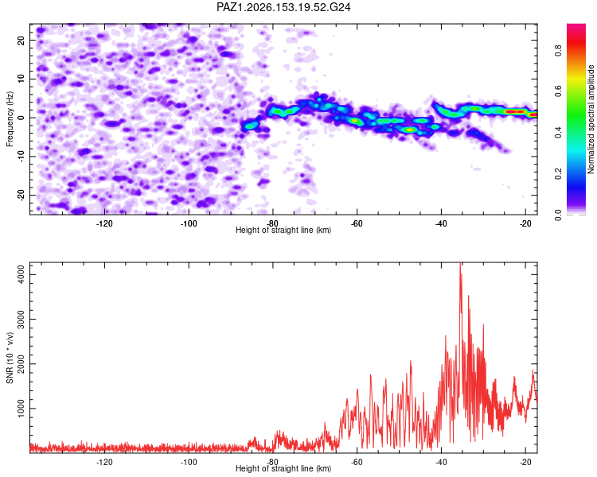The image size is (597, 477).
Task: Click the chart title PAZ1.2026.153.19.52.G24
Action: [283, 7]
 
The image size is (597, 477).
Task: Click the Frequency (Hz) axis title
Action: [10, 119]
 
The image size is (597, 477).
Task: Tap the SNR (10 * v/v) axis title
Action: [10, 358]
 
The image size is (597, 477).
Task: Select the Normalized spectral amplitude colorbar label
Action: [591, 119]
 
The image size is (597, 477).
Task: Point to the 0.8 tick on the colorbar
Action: [558, 50]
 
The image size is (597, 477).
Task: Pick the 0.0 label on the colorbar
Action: [558, 215]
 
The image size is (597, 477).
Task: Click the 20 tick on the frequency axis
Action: [21, 40]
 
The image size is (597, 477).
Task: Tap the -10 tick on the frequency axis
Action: [21, 156]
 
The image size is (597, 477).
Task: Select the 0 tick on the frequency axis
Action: [21, 118]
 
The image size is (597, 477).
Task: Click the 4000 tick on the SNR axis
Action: [21, 274]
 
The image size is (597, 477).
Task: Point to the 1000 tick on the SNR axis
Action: [21, 408]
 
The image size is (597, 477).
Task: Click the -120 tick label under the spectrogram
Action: [104, 223]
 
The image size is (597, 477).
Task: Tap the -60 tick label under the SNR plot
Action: [357, 462]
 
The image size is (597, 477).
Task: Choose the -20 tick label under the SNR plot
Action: [525, 462]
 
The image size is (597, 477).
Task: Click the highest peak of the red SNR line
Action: [460, 263]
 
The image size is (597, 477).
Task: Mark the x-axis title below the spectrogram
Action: [283, 230]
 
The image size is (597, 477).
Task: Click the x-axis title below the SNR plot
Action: [283, 468]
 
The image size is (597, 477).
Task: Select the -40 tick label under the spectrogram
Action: [441, 223]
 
